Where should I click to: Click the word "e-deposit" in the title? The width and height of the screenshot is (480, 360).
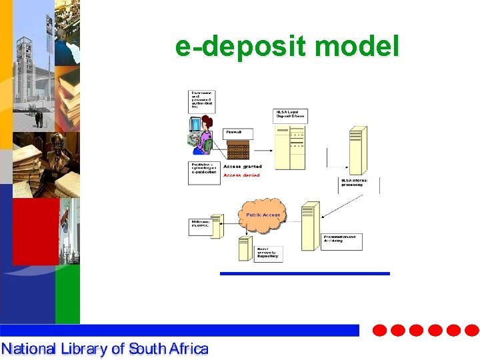click(x=241, y=47)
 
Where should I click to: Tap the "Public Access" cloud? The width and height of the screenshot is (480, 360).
click(x=263, y=215)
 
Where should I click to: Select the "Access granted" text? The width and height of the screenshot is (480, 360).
click(x=243, y=167)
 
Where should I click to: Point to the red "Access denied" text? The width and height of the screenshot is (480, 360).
click(x=241, y=175)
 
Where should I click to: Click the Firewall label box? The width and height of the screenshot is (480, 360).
click(x=238, y=134)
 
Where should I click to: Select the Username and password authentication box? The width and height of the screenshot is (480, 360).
click(x=203, y=99)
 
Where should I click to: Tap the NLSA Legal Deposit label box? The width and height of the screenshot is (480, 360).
click(x=290, y=115)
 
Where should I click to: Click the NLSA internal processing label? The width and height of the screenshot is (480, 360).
click(x=359, y=182)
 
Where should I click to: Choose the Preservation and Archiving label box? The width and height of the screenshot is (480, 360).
click(x=342, y=241)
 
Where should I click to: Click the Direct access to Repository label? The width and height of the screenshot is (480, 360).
click(x=267, y=253)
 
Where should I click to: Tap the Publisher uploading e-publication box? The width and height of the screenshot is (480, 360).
click(x=203, y=173)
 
